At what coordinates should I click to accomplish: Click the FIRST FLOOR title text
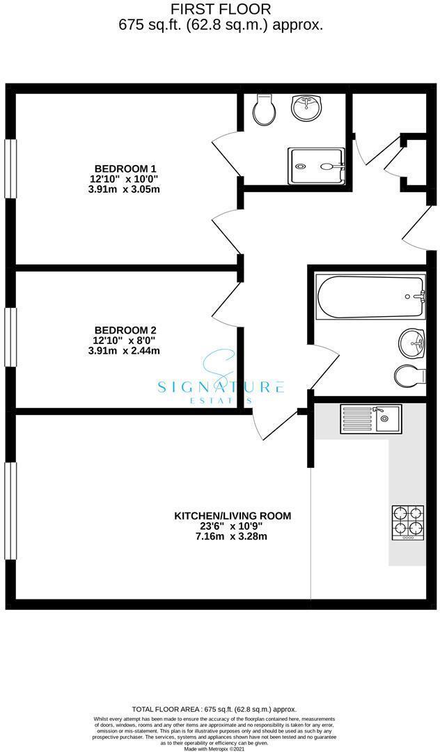click(x=220, y=9)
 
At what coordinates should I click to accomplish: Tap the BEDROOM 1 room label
click(x=125, y=169)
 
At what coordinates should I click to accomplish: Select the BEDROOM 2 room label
click(x=125, y=330)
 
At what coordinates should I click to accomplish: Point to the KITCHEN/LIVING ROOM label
click(x=232, y=516)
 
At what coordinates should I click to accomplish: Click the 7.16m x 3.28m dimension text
click(x=232, y=536)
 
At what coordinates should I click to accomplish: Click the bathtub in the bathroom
click(x=370, y=298)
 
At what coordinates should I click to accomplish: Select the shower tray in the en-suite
click(x=317, y=166)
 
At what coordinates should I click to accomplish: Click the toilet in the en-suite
click(x=265, y=110)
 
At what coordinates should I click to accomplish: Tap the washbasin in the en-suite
click(x=306, y=107)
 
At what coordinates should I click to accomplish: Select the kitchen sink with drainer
click(x=366, y=419)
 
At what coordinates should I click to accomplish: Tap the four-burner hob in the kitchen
click(x=408, y=522)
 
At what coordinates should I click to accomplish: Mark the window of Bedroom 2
click(x=10, y=336)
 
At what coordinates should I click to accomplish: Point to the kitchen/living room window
click(x=10, y=510)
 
